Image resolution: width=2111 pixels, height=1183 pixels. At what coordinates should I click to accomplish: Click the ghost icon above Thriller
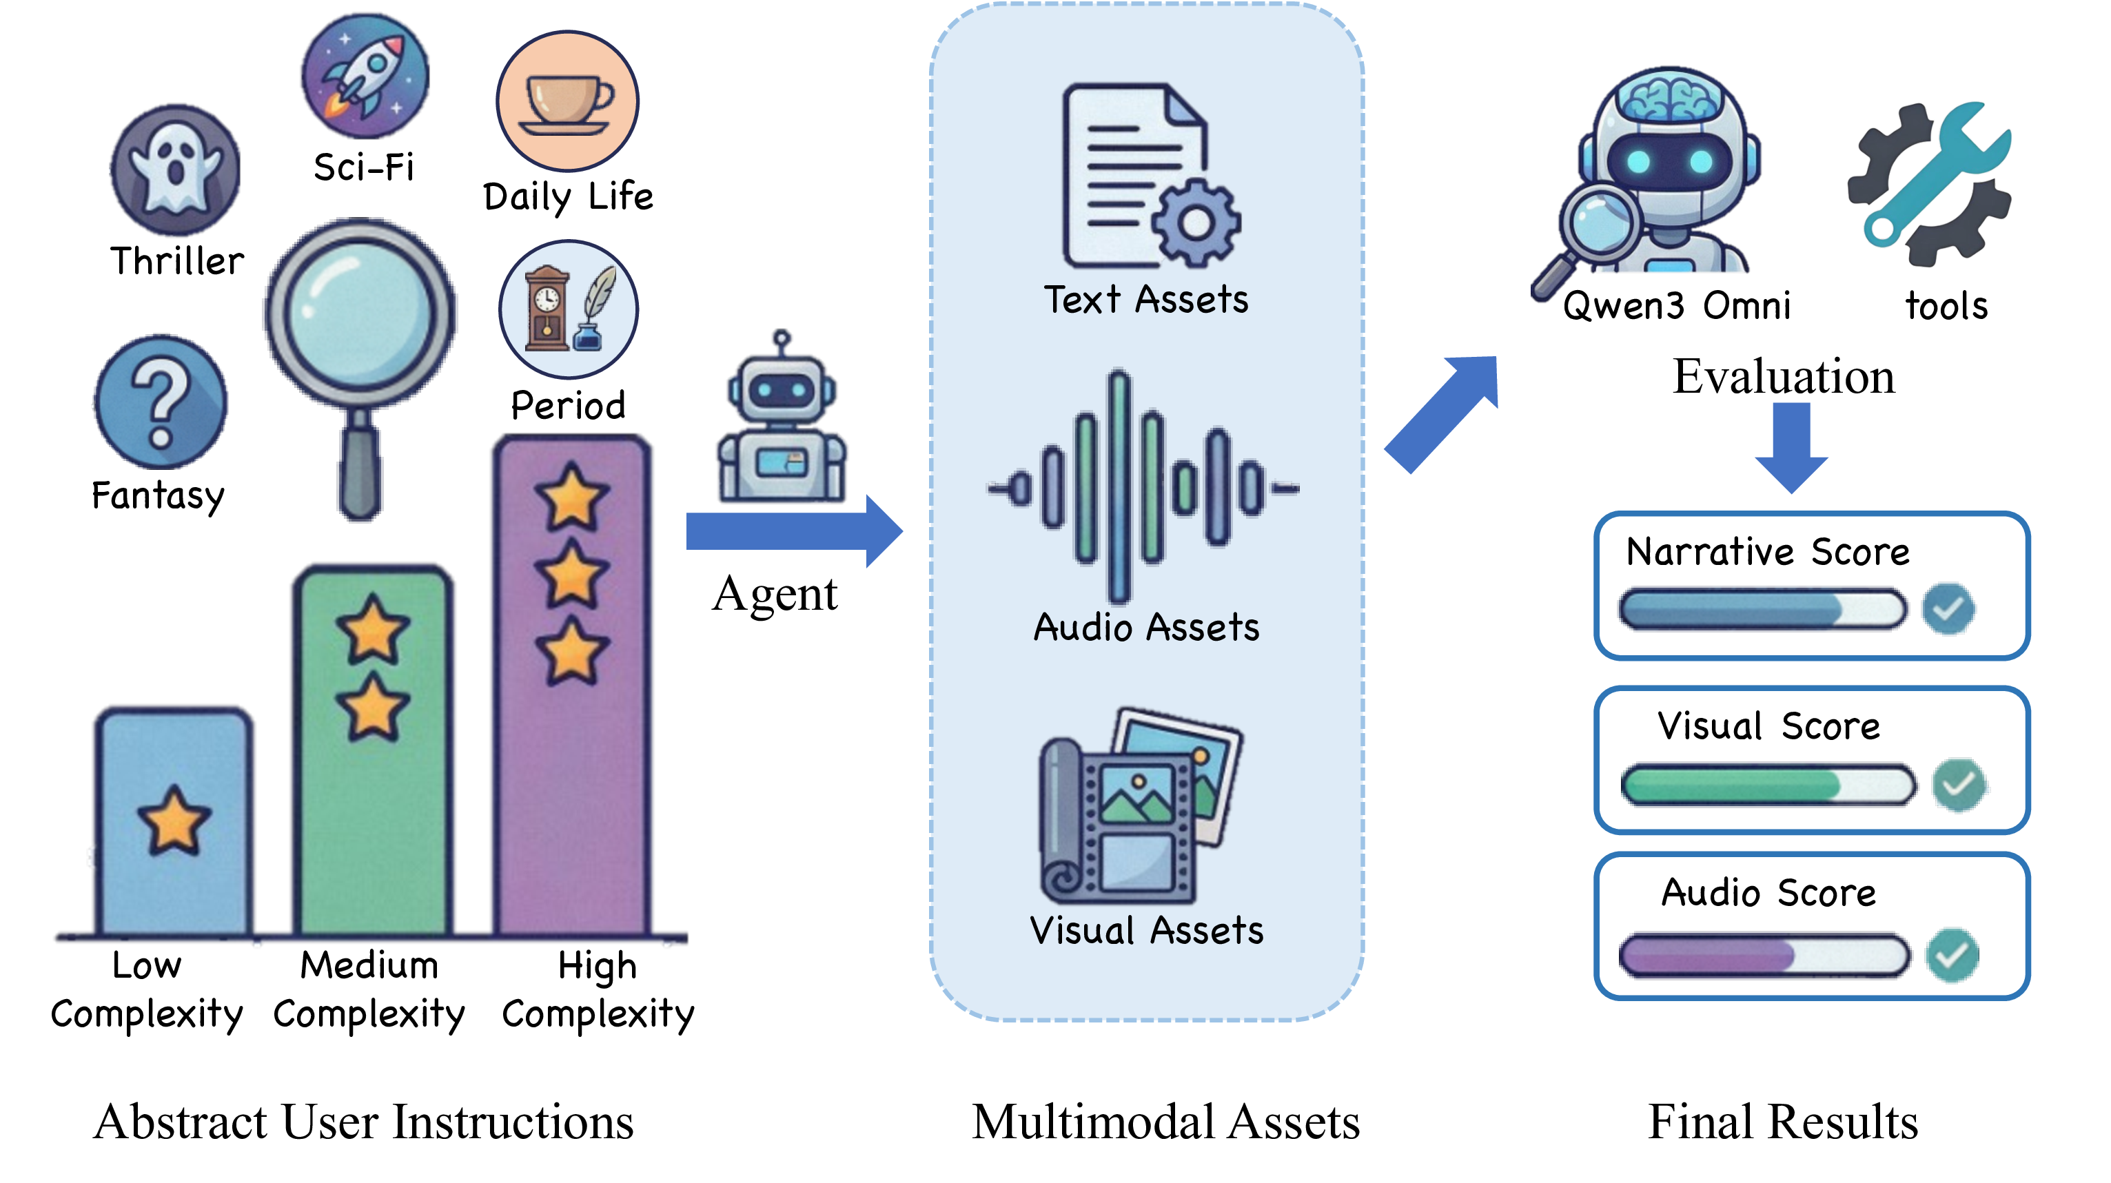[175, 169]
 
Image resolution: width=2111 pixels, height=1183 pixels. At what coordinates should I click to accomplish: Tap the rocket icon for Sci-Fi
[365, 75]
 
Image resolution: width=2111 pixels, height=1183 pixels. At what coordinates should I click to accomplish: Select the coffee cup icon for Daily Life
[567, 101]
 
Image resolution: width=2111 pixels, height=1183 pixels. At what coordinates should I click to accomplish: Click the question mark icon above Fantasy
[161, 402]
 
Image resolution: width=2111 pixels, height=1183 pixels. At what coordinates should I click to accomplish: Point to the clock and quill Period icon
[568, 309]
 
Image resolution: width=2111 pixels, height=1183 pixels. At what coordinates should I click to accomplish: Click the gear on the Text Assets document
[1196, 222]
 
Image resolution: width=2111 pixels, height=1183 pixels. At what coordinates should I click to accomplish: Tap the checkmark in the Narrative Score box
[1948, 608]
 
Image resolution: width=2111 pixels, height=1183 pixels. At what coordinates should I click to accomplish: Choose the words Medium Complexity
[369, 989]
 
